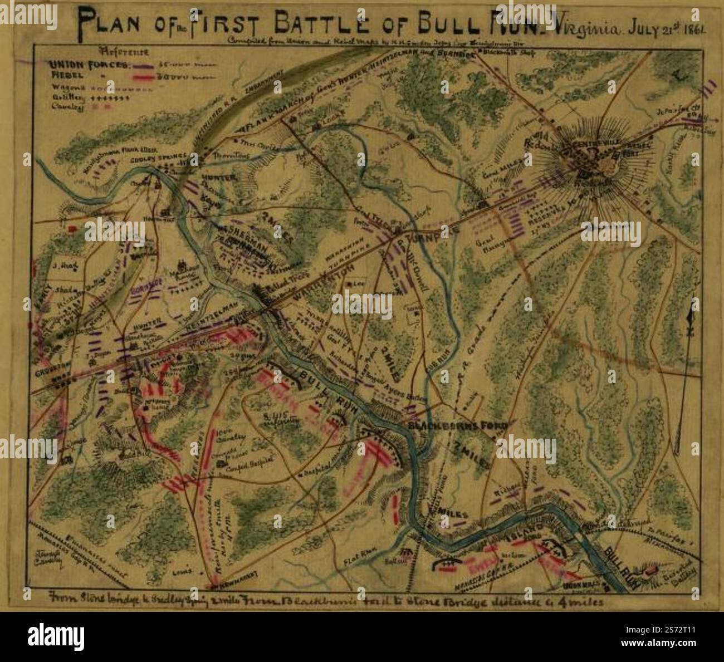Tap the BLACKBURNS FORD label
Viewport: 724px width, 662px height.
(x=458, y=426)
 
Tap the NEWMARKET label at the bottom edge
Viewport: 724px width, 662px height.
(x=233, y=586)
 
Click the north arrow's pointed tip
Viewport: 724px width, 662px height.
(x=692, y=301)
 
